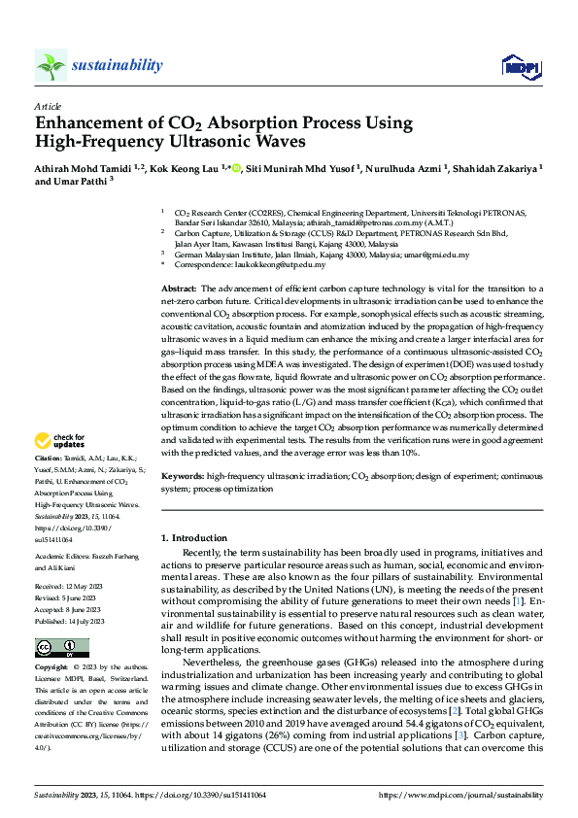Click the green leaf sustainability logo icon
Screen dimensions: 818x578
[x=51, y=65]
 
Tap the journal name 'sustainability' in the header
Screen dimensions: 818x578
[x=117, y=65]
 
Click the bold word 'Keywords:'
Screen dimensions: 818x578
[x=182, y=478]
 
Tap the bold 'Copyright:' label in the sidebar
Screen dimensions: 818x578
[x=52, y=669]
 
